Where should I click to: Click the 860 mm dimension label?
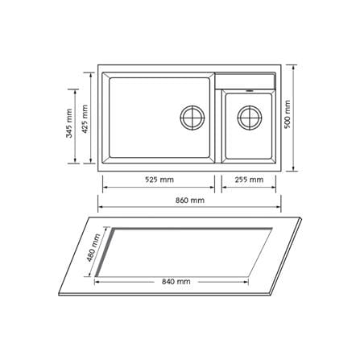tap(190, 201)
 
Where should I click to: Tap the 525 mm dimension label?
tap(159, 180)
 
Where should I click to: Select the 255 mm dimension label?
tap(249, 180)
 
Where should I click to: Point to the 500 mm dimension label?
tap(288, 114)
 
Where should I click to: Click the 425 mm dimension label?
tap(85, 119)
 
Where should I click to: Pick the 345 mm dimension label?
tap(69, 123)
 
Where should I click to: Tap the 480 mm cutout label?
tap(93, 248)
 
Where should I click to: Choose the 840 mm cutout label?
tap(176, 282)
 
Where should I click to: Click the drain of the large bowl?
tap(192, 118)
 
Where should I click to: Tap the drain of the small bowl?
tap(250, 118)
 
